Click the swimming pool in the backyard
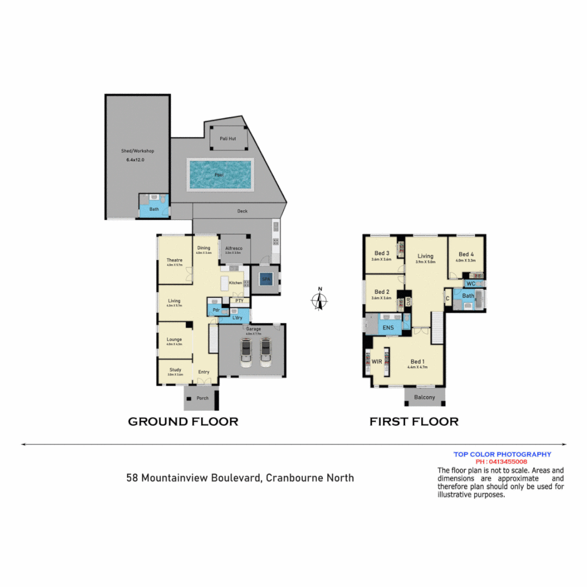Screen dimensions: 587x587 [x=220, y=174]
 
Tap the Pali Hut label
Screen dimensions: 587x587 [x=228, y=139]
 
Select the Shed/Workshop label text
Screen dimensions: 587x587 [x=138, y=151]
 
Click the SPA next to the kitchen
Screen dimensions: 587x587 [x=266, y=280]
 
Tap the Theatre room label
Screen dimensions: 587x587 [x=174, y=260]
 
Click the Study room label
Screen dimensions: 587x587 [x=175, y=370]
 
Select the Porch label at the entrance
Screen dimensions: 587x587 [x=202, y=398]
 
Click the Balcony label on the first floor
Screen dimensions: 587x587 [x=424, y=397]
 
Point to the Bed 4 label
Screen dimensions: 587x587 [x=466, y=254]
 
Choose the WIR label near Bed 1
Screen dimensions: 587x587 [x=377, y=361]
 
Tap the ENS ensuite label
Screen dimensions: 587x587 [x=388, y=328]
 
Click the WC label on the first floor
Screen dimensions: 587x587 [x=471, y=284]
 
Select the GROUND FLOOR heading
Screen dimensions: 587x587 [x=183, y=422]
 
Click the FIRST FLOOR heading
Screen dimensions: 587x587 [x=414, y=422]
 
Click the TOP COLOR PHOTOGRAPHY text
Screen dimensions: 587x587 [x=502, y=454]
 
